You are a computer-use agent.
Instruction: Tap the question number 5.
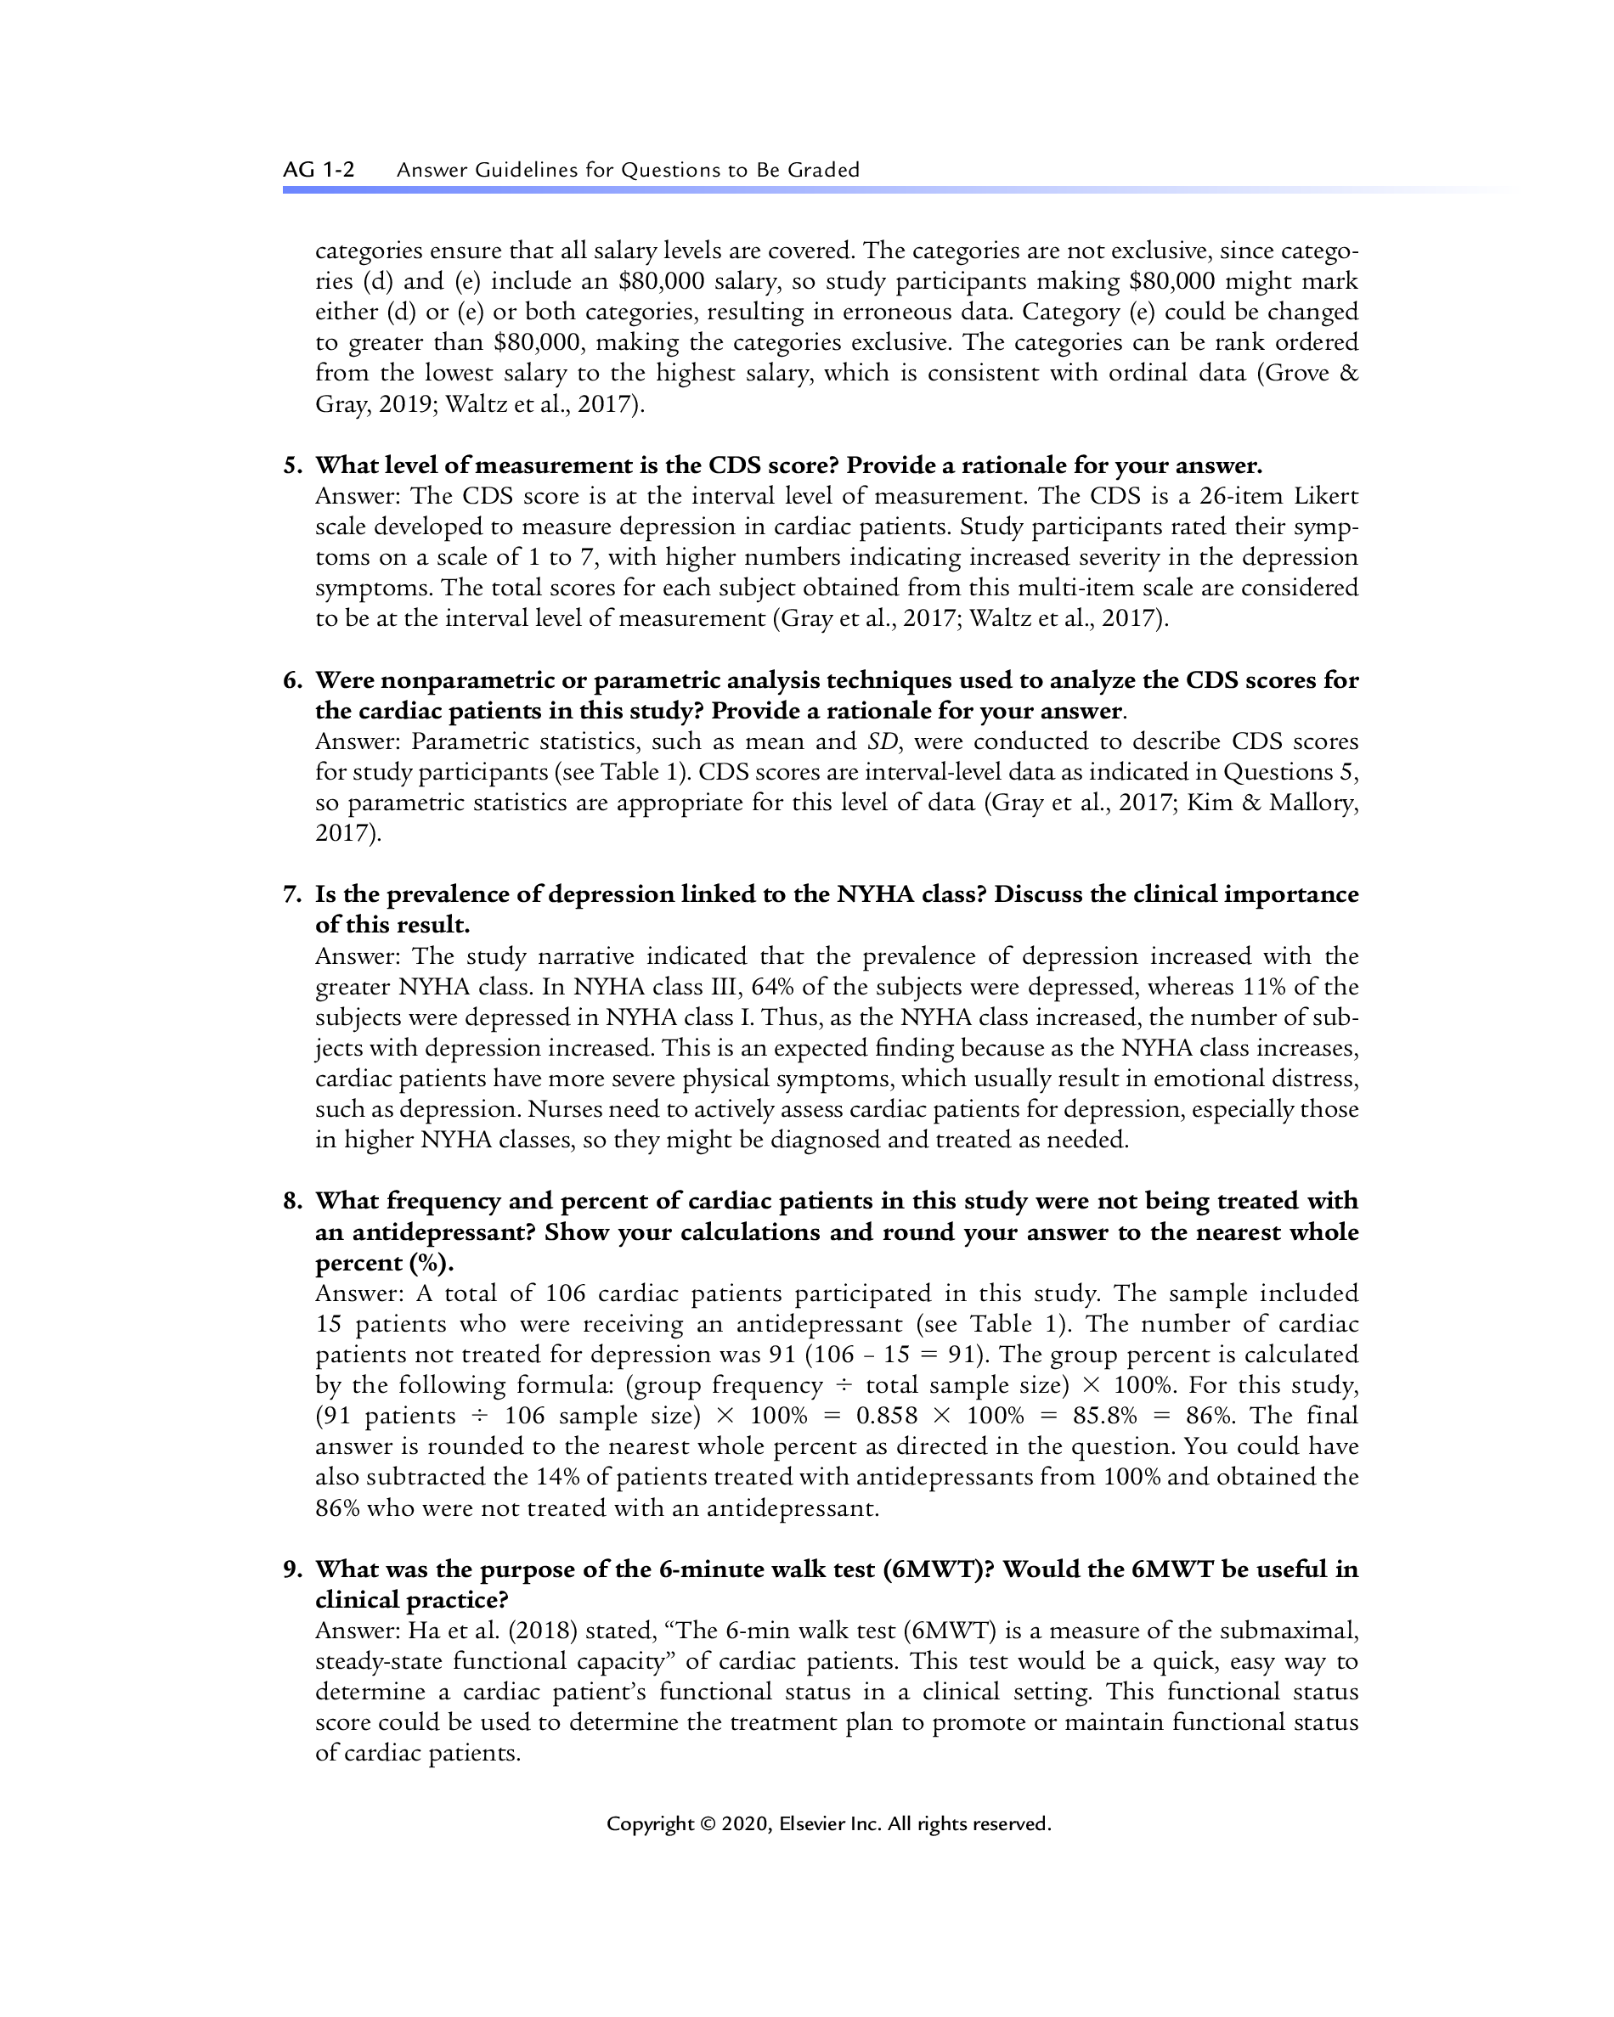292,466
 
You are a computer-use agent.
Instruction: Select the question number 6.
292,680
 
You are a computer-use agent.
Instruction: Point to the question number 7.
292,894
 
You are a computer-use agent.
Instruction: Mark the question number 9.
292,1569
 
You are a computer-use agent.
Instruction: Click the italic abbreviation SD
883,742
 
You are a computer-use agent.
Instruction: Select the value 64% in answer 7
773,987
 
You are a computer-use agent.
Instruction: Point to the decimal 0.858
886,1416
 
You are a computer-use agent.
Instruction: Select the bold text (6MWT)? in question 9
939,1569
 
